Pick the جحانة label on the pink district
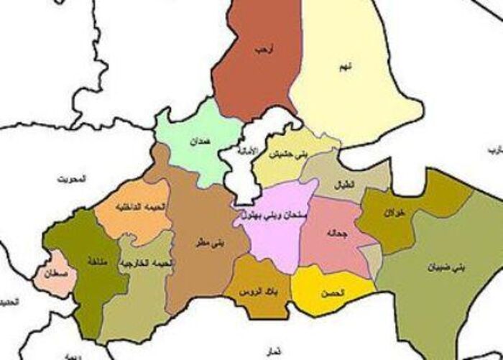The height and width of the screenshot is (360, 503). tap(333, 235)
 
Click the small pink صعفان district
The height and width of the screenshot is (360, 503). tap(53, 275)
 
